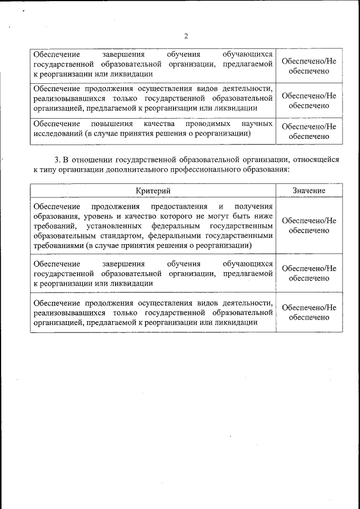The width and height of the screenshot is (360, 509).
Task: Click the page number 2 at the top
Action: [186, 37]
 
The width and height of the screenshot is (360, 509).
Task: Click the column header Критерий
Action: [153, 191]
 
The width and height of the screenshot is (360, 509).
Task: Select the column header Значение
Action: [309, 191]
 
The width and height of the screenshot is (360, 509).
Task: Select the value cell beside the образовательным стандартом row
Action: [309, 226]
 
